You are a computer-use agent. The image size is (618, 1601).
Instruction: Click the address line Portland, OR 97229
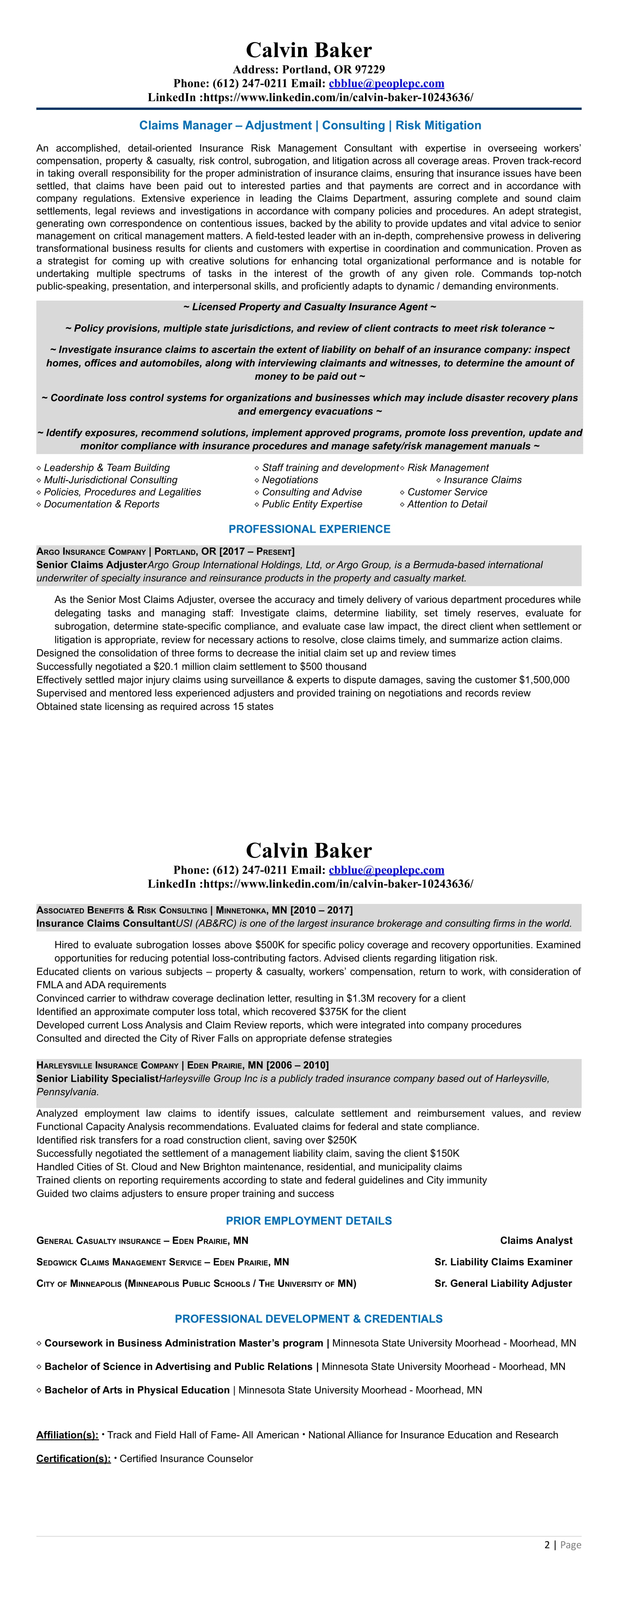click(x=309, y=69)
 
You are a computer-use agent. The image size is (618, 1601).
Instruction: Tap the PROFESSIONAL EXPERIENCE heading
click(x=309, y=529)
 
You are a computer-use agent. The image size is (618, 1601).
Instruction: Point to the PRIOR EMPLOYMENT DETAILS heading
click(x=309, y=1221)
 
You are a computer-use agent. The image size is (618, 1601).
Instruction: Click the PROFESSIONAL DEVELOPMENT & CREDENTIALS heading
click(x=309, y=1319)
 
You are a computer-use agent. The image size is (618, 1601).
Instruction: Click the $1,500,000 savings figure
click(x=544, y=680)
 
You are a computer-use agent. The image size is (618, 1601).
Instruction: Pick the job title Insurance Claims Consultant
click(x=105, y=923)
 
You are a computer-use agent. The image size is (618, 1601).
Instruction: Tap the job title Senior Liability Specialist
click(x=97, y=1078)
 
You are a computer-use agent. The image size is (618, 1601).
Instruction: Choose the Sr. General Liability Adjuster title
click(x=503, y=1283)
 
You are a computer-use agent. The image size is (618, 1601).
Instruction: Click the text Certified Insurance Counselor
click(x=186, y=1459)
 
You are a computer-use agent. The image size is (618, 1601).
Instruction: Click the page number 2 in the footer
click(x=547, y=1545)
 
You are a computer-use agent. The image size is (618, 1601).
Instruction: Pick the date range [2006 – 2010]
click(x=297, y=1065)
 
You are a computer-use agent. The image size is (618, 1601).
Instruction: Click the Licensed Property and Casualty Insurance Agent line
click(x=309, y=307)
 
